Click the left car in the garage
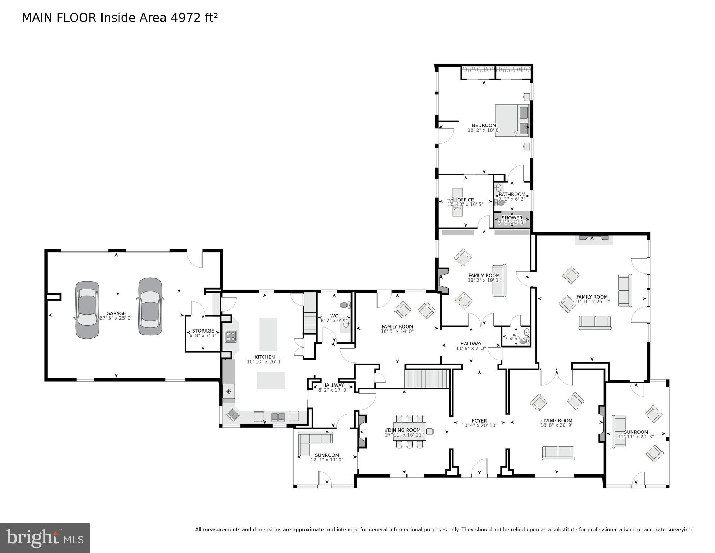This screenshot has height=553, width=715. click(x=87, y=310)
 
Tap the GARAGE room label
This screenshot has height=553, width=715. click(x=116, y=313)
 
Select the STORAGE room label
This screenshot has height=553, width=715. click(x=203, y=331)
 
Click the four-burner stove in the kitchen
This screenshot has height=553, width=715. click(x=230, y=336)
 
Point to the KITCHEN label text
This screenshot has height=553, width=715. click(x=264, y=357)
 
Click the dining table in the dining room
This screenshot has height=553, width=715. click(x=409, y=432)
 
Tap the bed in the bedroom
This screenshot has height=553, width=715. click(x=511, y=121)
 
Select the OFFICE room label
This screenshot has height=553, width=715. click(x=466, y=200)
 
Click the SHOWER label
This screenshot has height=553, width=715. click(x=512, y=218)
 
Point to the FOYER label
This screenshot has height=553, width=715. click(x=479, y=421)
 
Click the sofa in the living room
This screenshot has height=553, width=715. click(x=558, y=453)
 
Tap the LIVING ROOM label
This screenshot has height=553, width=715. click(x=556, y=420)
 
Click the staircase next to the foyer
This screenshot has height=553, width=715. click(x=427, y=378)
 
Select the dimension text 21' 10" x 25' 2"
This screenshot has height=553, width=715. click(x=592, y=302)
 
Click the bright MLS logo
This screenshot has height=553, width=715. click(x=45, y=538)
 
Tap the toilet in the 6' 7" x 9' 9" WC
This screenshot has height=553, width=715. click(x=345, y=305)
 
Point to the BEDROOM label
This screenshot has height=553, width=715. click(x=484, y=125)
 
